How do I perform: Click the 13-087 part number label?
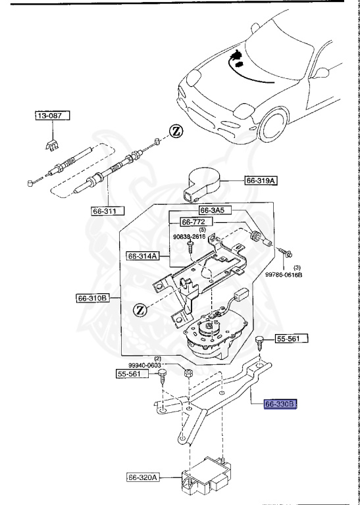coord(52,116)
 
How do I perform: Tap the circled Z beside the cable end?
coord(176,131)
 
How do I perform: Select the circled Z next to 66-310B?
coord(140,309)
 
